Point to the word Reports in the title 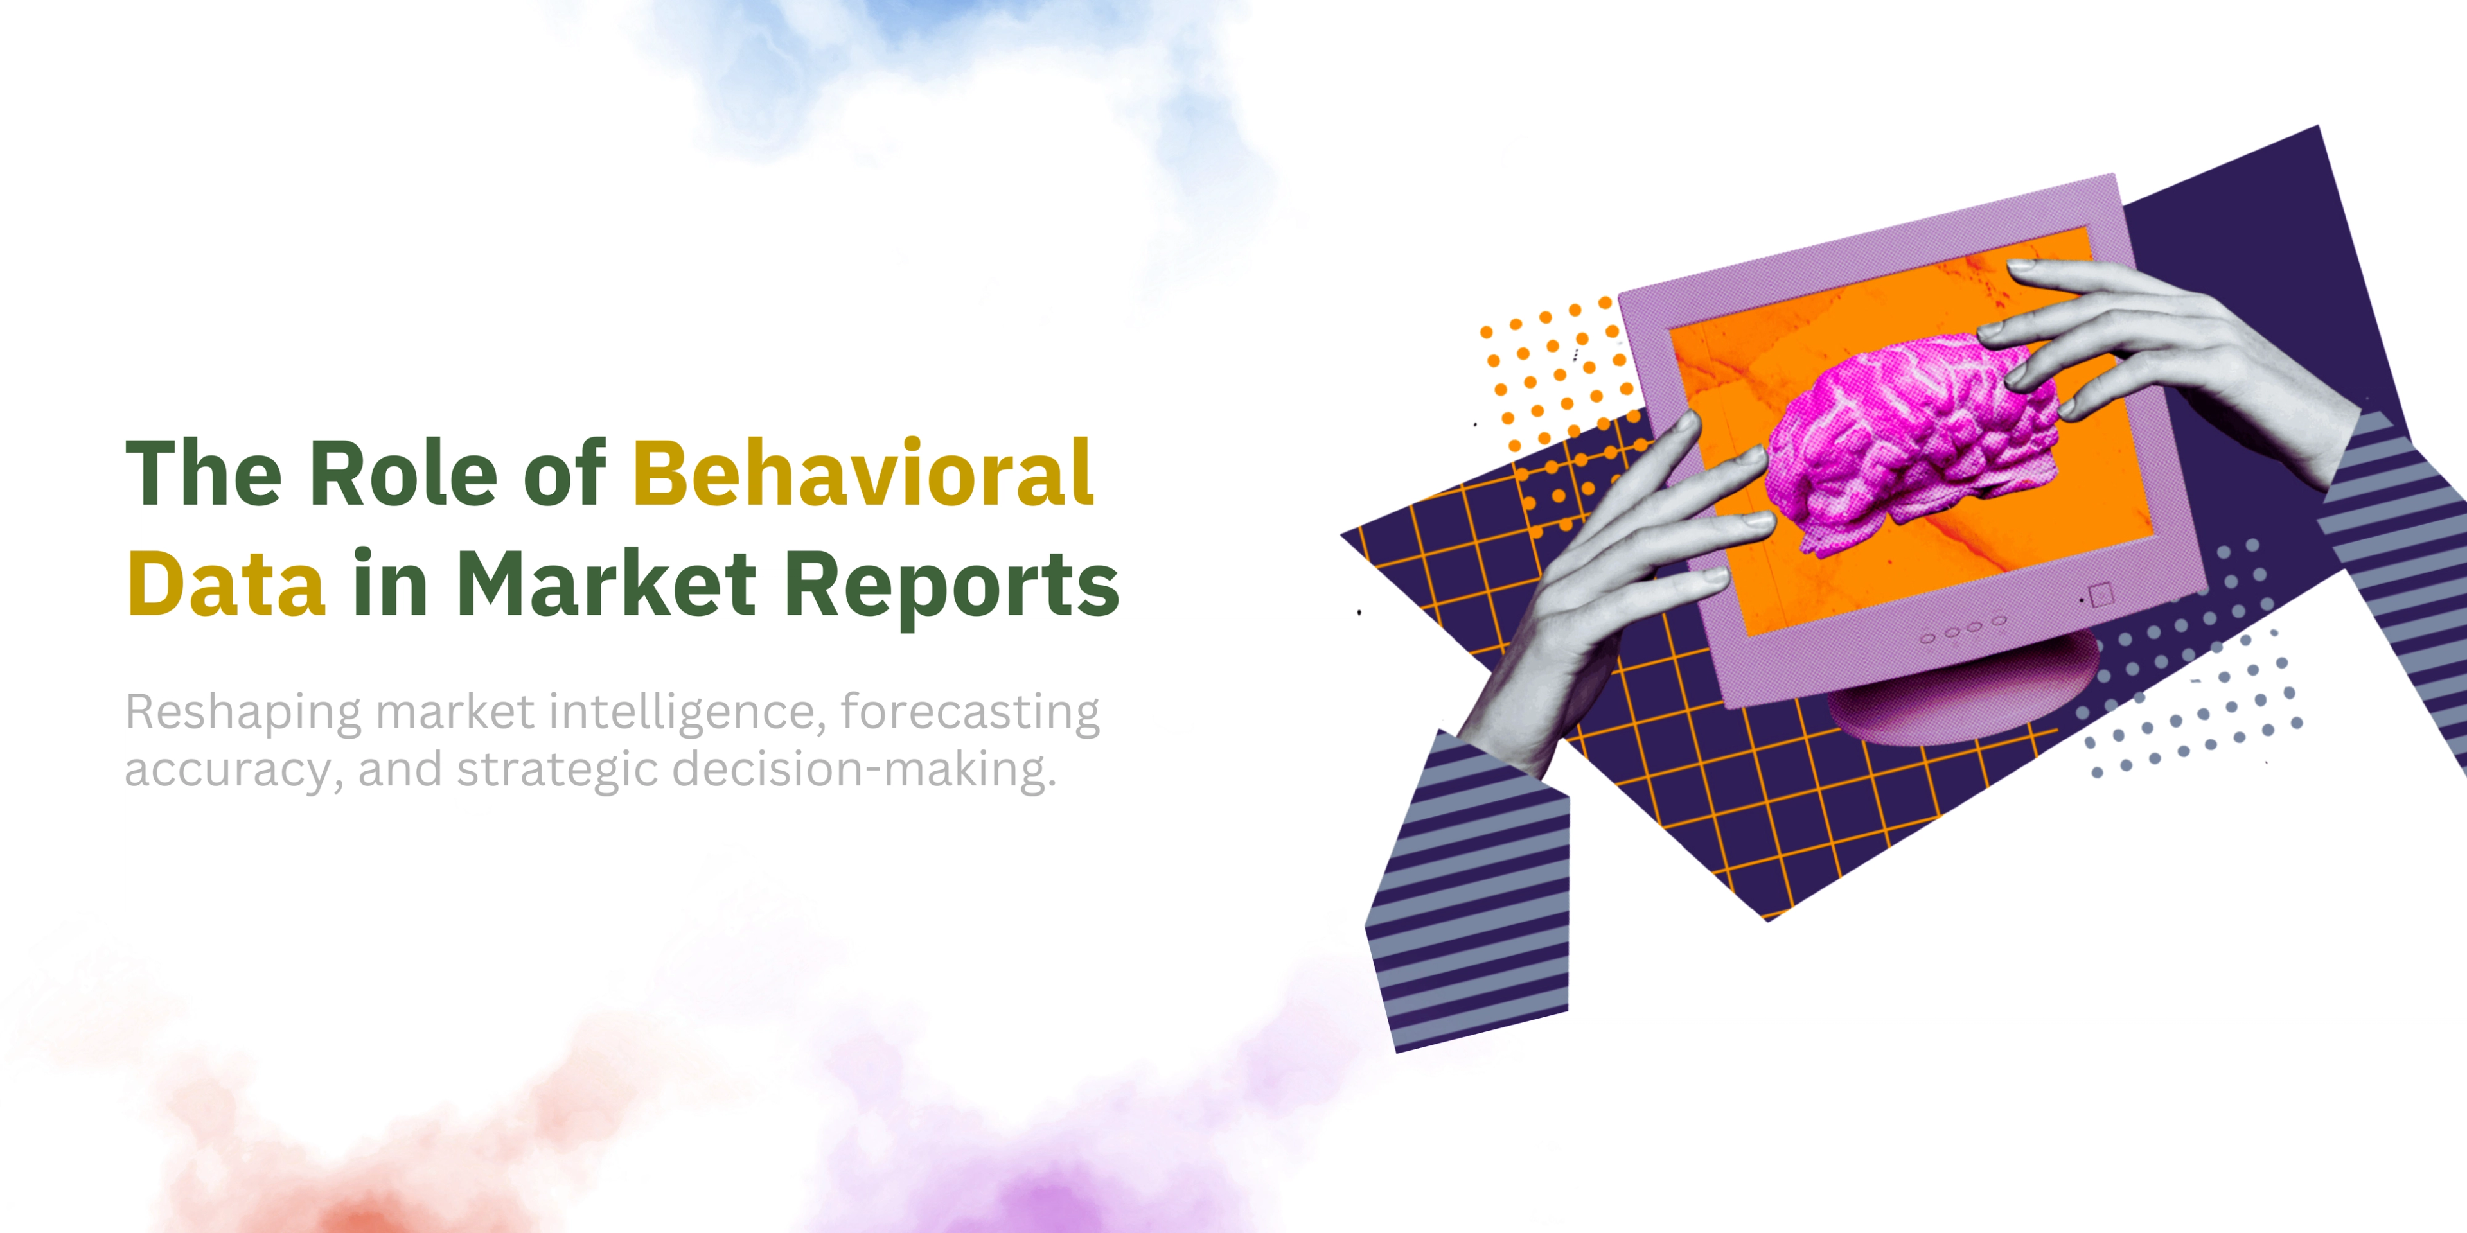tap(951, 586)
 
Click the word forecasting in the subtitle tap(970, 713)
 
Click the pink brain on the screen tap(1911, 445)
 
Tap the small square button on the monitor tap(2100, 595)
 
